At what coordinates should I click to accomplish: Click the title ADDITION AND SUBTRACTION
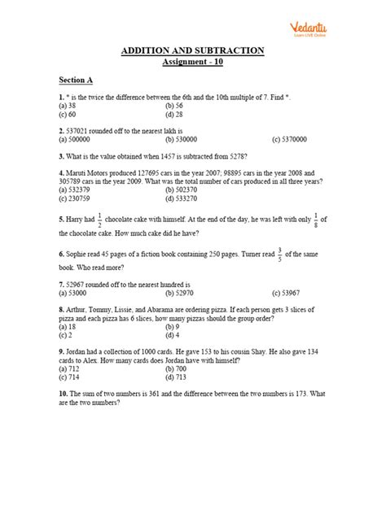(x=192, y=50)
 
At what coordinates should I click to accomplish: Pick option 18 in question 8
(x=72, y=326)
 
